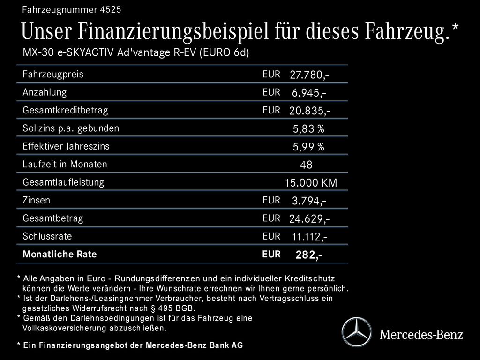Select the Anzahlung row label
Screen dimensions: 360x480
click(45, 92)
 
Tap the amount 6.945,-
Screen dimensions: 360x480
click(309, 93)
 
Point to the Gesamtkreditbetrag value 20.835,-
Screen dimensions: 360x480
click(310, 111)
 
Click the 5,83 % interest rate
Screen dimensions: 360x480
click(308, 129)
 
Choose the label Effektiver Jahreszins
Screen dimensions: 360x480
click(66, 146)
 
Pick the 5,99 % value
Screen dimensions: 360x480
click(308, 147)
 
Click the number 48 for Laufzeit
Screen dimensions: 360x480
click(306, 165)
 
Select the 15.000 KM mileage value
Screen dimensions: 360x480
click(311, 183)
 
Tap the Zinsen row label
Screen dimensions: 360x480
click(37, 200)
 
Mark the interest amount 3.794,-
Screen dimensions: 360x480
click(309, 201)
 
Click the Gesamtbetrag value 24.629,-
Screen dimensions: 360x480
click(310, 219)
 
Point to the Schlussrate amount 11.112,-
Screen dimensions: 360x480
click(309, 237)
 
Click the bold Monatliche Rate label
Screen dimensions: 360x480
click(60, 254)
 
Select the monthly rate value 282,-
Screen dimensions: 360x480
click(308, 255)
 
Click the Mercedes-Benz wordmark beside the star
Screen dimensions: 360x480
click(421, 334)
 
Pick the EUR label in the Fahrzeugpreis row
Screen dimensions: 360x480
click(271, 74)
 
